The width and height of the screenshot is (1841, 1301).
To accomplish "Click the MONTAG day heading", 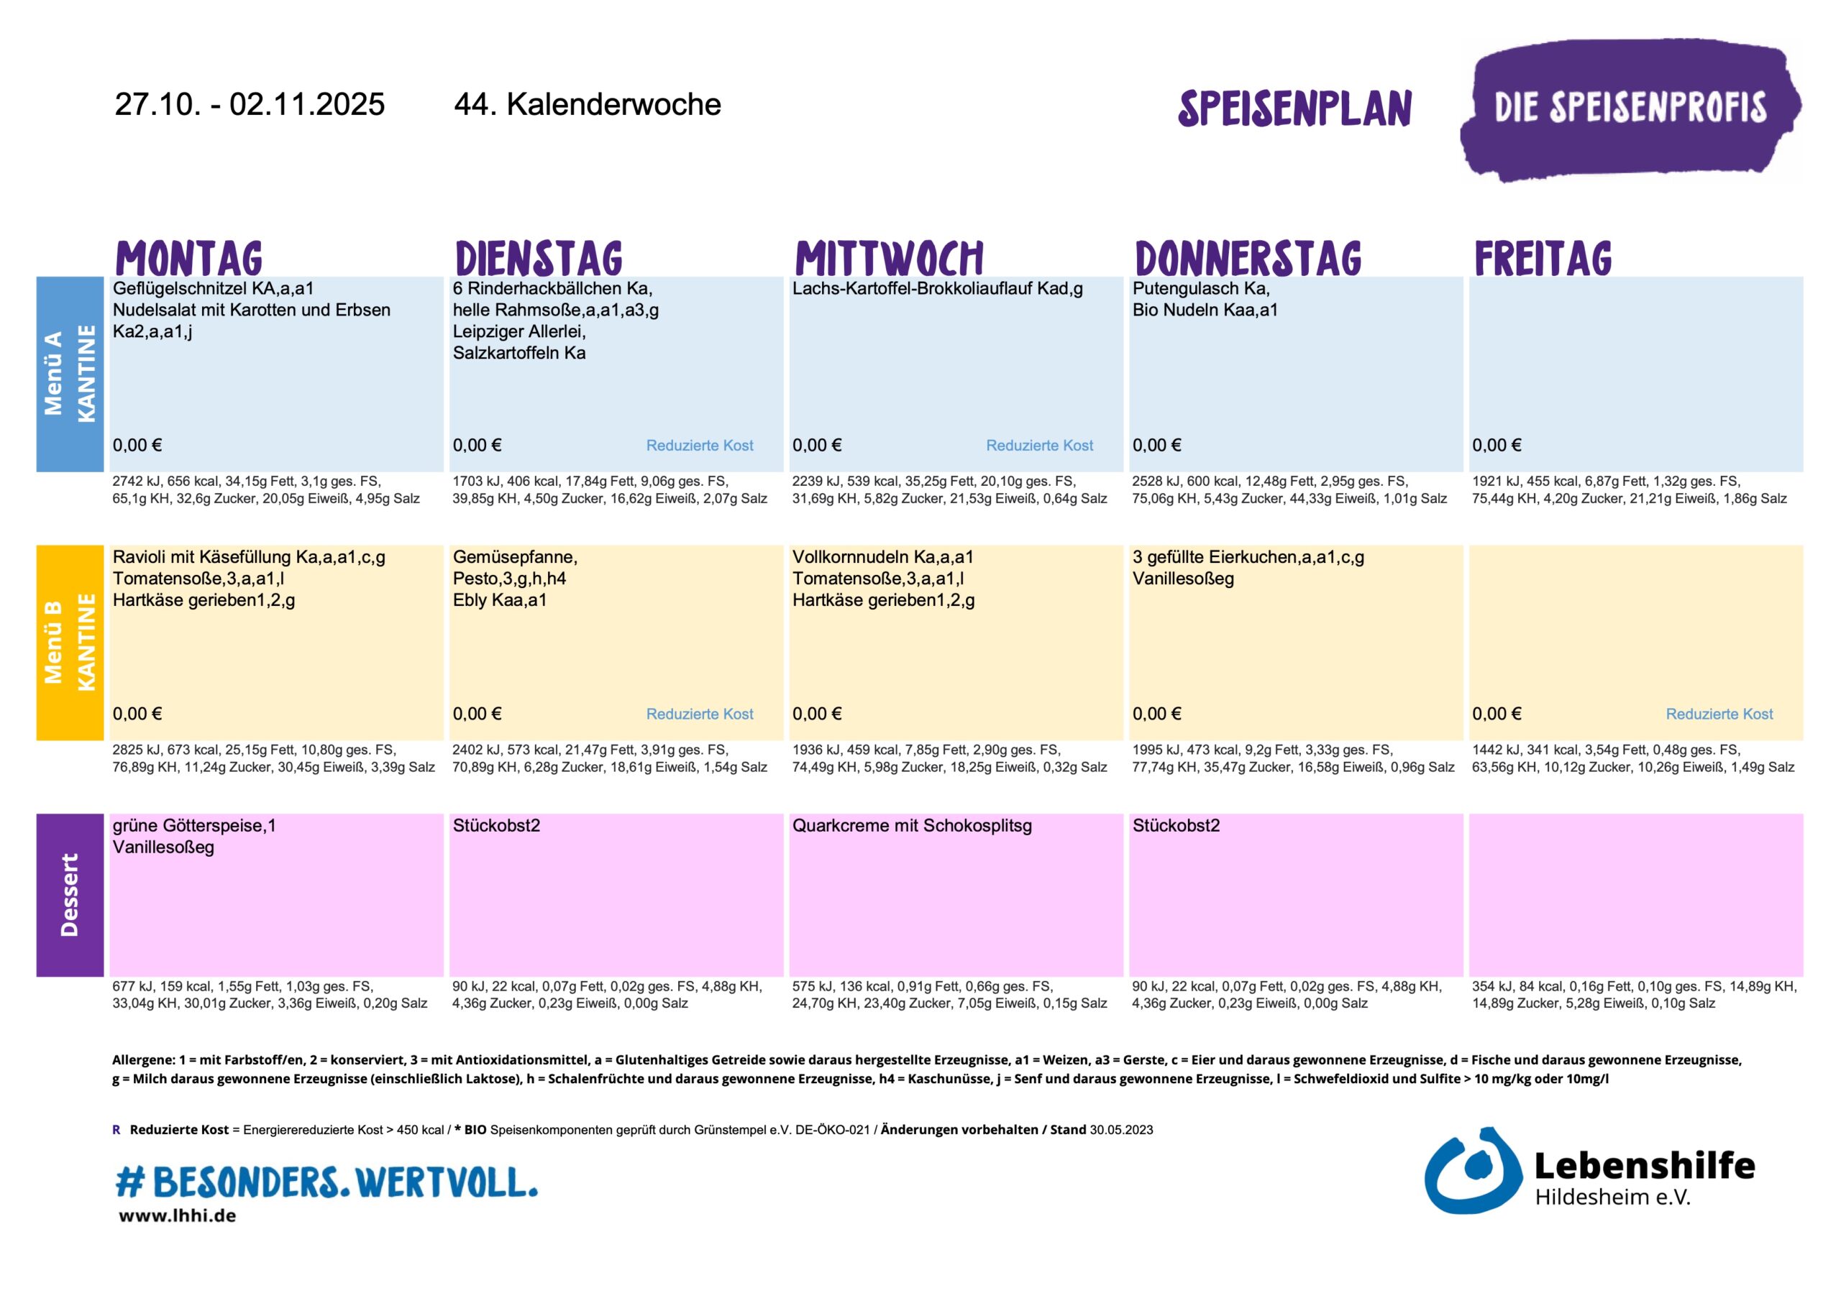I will tap(189, 258).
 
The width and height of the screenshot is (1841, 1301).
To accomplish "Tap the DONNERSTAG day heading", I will tap(1248, 258).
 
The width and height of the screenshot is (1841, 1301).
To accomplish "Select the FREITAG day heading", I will tap(1543, 258).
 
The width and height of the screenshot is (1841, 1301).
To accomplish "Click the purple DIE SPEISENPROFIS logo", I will tap(1630, 109).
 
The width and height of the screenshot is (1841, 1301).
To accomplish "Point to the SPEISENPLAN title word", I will tap(1294, 109).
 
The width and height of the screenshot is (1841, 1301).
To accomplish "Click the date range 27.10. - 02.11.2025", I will tap(250, 104).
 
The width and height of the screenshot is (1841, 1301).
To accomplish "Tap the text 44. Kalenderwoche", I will tap(587, 104).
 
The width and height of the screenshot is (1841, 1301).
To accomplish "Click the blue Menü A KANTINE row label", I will tap(70, 374).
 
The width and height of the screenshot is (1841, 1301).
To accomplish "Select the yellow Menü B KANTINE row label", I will tap(70, 642).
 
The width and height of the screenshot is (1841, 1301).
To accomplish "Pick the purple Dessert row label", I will tap(70, 895).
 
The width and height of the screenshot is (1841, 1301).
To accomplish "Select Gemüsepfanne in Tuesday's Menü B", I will tap(513, 557).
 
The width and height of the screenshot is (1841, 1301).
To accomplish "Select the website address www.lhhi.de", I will tap(177, 1216).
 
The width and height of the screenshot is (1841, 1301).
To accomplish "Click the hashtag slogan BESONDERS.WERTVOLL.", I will tap(326, 1182).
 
